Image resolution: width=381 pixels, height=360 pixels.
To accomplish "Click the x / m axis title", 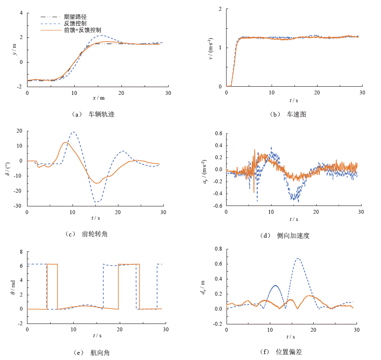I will point(99,98).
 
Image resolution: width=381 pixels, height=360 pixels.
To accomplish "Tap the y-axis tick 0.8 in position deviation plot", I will point(218,249).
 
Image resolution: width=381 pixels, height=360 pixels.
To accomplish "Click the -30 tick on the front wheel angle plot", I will point(19,206).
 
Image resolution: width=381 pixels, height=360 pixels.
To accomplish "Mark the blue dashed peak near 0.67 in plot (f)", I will point(298,258).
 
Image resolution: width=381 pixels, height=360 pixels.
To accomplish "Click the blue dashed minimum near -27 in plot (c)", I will point(97,202).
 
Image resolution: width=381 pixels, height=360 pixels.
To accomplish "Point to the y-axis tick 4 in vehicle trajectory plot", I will point(21,13).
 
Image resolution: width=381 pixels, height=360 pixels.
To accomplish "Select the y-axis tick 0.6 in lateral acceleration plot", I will point(218,133).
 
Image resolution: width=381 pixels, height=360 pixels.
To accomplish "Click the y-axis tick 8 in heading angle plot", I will point(21,252).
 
